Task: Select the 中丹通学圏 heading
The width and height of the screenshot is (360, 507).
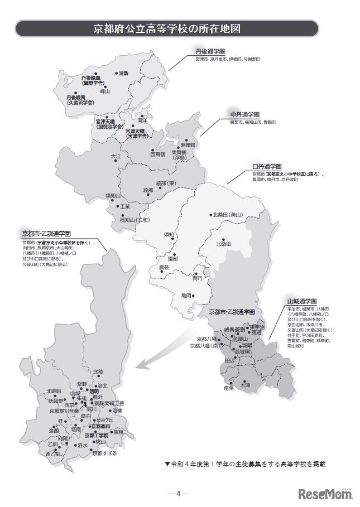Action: (x=242, y=114)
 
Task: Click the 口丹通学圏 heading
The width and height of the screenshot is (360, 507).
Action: (x=267, y=167)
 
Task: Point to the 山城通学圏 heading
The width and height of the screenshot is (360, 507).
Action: (x=301, y=301)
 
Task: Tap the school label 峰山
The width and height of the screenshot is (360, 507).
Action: (x=105, y=91)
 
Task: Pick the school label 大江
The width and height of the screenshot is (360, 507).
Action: (x=116, y=157)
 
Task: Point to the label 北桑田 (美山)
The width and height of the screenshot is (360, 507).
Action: (x=228, y=214)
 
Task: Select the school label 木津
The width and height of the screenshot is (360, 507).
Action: (x=245, y=385)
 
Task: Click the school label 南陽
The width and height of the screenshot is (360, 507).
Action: (x=229, y=388)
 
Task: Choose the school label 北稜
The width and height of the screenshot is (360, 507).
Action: (x=98, y=371)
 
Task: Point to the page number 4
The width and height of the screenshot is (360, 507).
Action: (x=178, y=494)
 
